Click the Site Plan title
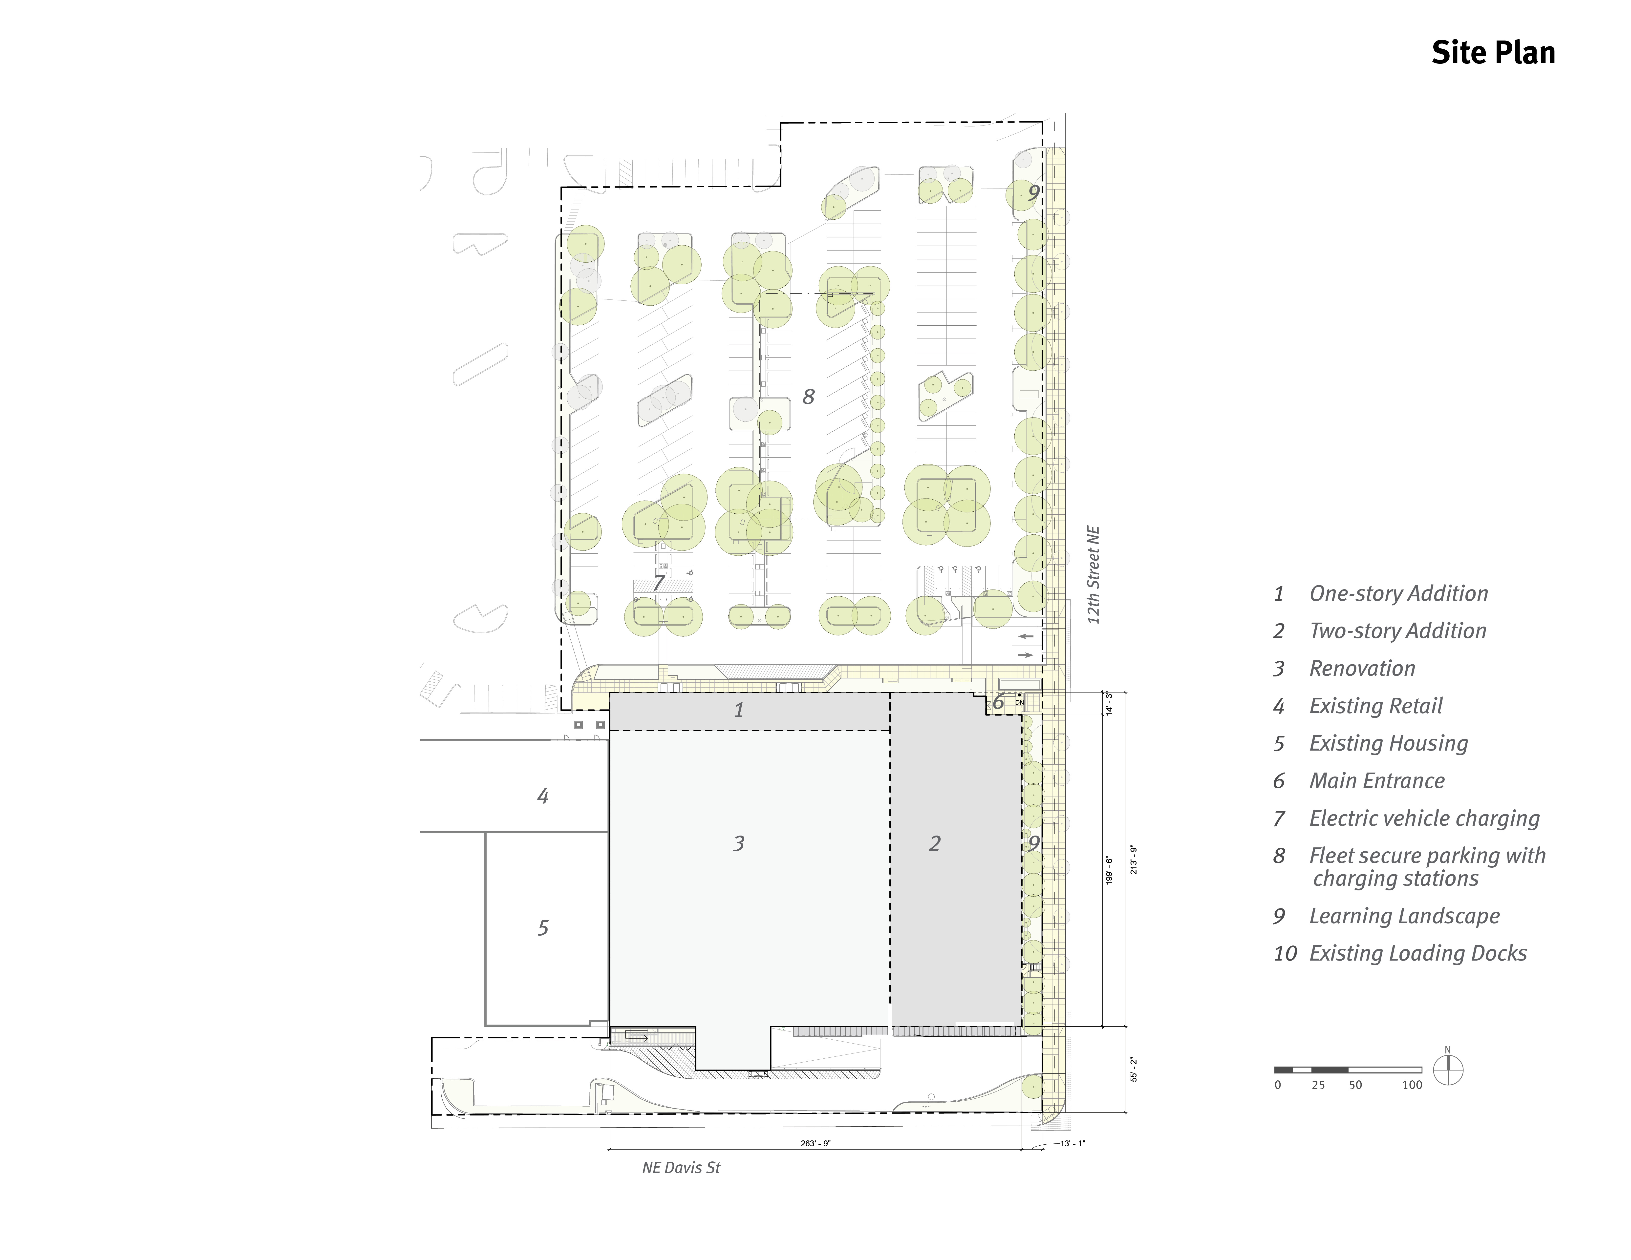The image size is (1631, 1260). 1493,53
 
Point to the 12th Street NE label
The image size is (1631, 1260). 1094,575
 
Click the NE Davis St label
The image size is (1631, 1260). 681,1167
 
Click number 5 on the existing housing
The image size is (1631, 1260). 543,928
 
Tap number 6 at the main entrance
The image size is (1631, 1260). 998,702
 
